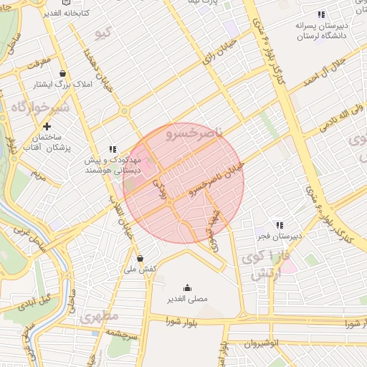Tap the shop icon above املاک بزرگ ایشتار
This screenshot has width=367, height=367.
pyautogui.click(x=63, y=73)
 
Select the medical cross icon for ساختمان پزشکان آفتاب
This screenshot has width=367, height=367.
pyautogui.click(x=47, y=125)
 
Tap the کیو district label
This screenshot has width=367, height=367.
pyautogui.click(x=105, y=34)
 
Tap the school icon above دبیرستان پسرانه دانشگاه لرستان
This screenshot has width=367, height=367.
pyautogui.click(x=321, y=14)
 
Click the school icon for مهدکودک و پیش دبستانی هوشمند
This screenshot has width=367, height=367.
pyautogui.click(x=112, y=148)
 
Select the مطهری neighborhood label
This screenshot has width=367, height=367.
pyautogui.click(x=96, y=316)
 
